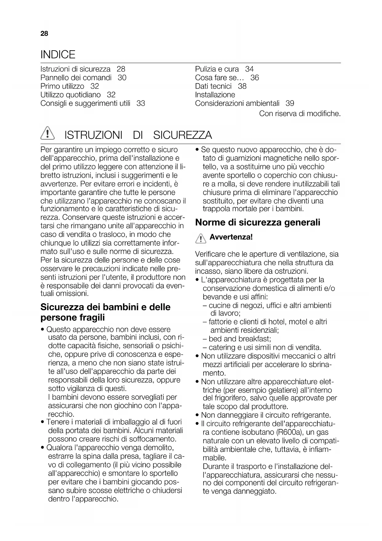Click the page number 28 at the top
(44, 34)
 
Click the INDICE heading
(58, 55)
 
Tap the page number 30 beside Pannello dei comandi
(122, 78)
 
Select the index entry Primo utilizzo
(62, 86)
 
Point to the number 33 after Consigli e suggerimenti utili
(141, 103)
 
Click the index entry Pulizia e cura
(217, 69)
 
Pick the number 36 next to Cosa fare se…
(255, 78)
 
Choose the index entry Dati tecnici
(213, 86)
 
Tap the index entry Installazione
(215, 95)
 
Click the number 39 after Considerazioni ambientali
(290, 103)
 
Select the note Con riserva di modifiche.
(300, 114)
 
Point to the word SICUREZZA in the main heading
(183, 135)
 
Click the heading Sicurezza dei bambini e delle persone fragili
(105, 312)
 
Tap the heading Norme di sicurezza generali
(258, 222)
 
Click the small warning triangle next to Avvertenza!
(200, 238)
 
